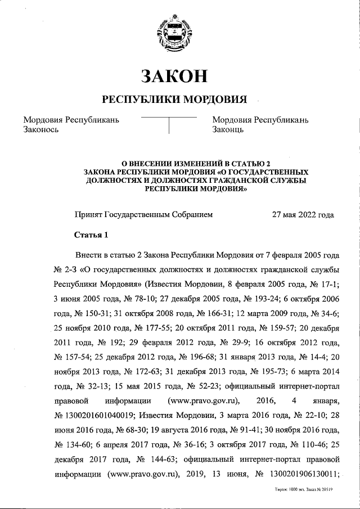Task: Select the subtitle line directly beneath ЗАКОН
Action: pos(174,100)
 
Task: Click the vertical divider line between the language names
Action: pos(169,125)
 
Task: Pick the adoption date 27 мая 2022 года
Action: pos(303,214)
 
